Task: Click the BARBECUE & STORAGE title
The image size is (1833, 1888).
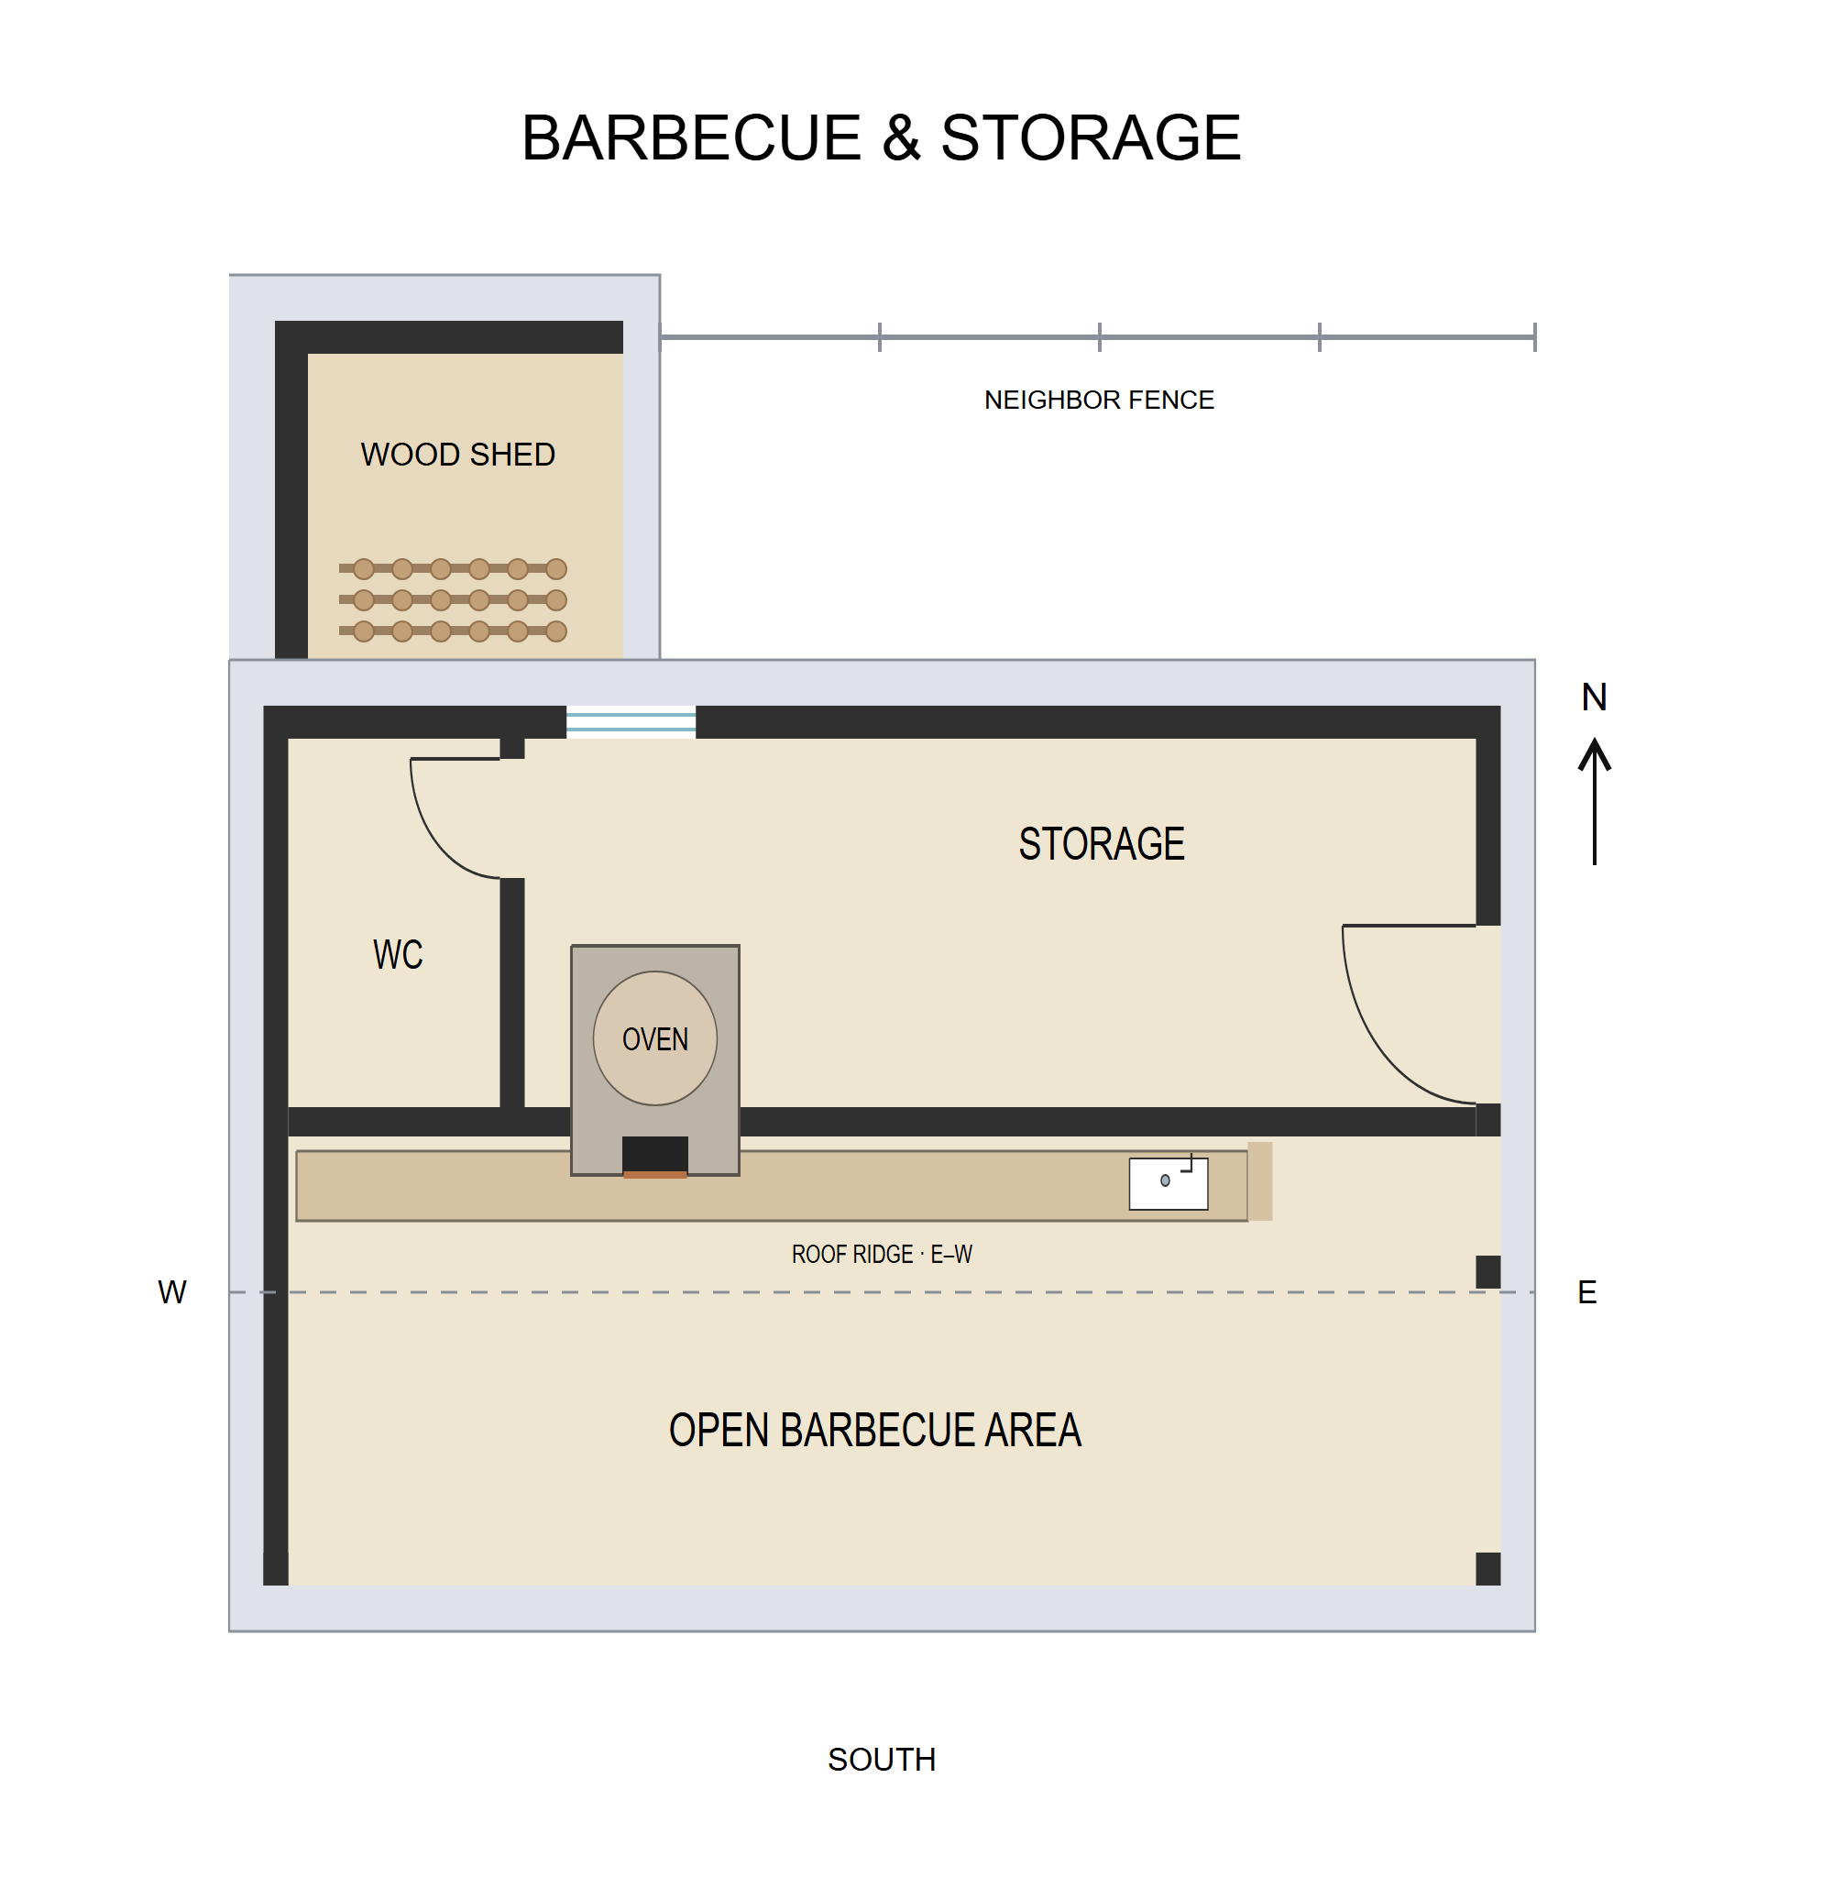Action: [x=881, y=137]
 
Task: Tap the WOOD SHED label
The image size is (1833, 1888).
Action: [x=457, y=454]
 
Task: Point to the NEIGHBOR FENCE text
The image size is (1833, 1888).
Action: [x=1098, y=400]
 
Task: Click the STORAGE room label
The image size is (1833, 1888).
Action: [x=1101, y=843]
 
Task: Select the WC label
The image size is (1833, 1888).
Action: [x=398, y=954]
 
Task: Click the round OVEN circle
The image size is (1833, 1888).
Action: [x=655, y=1037]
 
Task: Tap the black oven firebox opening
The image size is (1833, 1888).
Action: [x=655, y=1154]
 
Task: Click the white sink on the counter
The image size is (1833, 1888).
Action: [x=1169, y=1183]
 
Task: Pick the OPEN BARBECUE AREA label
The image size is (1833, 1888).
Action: [x=874, y=1430]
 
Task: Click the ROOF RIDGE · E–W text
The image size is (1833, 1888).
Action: [x=882, y=1254]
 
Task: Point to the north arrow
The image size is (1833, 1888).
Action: [x=1594, y=801]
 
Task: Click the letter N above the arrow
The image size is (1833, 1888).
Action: [x=1594, y=697]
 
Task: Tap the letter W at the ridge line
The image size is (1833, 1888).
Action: [x=172, y=1291]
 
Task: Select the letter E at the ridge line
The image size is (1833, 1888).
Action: [x=1587, y=1291]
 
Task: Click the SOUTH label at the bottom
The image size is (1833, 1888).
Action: [x=882, y=1759]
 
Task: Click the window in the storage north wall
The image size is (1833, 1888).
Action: [x=631, y=721]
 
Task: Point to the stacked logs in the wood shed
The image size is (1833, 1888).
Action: [x=453, y=600]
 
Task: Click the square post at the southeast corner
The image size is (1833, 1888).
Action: [x=1488, y=1568]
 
